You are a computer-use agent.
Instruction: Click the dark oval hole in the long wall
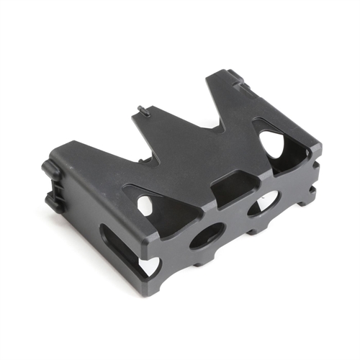click(x=207, y=235)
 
